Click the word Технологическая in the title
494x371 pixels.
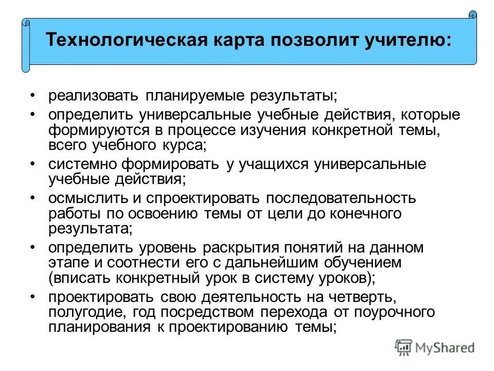(128, 41)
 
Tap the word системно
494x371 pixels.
(83, 165)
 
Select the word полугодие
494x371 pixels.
(85, 313)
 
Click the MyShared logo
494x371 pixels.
(435, 346)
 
